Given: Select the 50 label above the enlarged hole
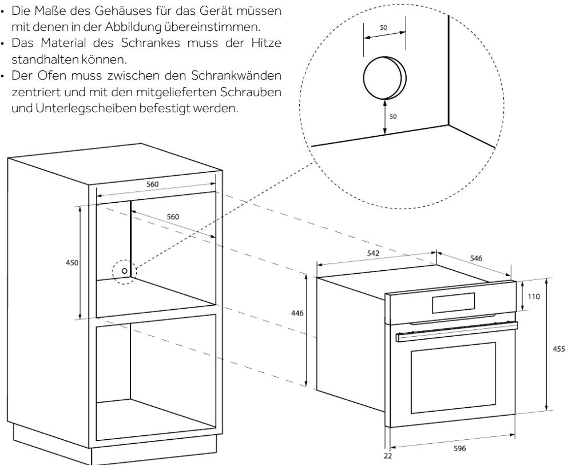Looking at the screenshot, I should tap(384, 26).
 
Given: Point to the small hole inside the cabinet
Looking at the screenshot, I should tap(124, 270).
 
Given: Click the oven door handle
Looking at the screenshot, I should tap(455, 331).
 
